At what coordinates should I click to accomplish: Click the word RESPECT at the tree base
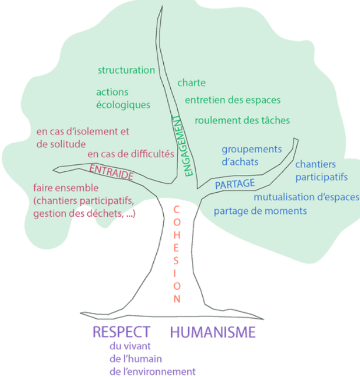coord(121,332)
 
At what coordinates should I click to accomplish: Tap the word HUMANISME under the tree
coord(213,332)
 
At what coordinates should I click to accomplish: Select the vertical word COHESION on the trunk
coord(176,254)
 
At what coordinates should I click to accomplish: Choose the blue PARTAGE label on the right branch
coord(235,184)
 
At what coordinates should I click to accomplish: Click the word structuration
coord(126,70)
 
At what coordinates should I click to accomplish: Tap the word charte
coord(191,83)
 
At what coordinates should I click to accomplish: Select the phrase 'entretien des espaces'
coord(232,100)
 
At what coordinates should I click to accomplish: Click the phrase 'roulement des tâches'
coord(242,120)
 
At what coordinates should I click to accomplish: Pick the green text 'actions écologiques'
coord(123,98)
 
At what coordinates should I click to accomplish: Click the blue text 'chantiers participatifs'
coord(321,170)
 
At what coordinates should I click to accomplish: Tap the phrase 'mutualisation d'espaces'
coord(306,197)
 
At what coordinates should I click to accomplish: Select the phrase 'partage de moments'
coord(260,211)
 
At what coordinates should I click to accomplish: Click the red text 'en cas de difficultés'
coord(130,154)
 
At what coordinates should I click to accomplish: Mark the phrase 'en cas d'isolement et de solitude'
coord(82,137)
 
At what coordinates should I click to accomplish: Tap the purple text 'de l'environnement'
coord(152,371)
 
